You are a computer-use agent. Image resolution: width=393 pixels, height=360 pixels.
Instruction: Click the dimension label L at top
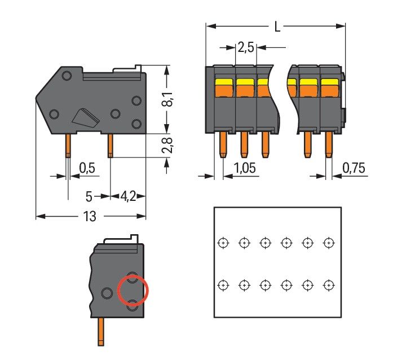tap(276, 27)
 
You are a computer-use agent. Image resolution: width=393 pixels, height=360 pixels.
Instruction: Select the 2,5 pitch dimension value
tap(245, 48)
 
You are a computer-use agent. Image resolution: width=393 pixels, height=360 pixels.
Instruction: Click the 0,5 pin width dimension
tap(87, 168)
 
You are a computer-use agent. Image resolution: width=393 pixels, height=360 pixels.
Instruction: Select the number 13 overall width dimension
tap(90, 216)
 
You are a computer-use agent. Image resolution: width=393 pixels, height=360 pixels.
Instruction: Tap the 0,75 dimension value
tap(354, 168)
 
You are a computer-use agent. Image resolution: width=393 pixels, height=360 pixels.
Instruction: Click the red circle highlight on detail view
tap(133, 291)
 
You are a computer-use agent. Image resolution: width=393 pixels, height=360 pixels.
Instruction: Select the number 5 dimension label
tap(88, 196)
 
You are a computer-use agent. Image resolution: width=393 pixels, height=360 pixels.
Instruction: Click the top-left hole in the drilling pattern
tap(223, 243)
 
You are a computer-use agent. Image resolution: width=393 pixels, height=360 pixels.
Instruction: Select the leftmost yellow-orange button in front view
tap(224, 88)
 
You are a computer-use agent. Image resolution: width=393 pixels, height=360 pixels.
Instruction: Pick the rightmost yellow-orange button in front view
tap(329, 88)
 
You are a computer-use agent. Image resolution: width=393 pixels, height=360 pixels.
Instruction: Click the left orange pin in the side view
tap(68, 146)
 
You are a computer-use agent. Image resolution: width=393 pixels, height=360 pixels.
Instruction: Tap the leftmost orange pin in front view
tap(222, 145)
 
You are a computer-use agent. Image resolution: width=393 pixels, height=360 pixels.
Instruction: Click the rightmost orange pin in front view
tap(329, 145)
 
